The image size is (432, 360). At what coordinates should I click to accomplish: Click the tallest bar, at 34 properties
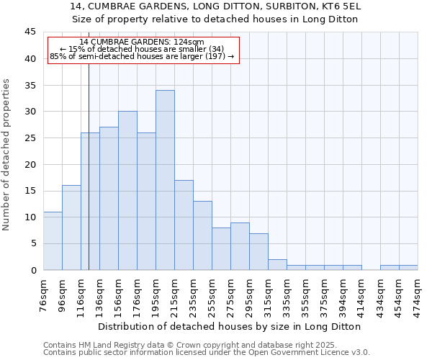coord(165,180)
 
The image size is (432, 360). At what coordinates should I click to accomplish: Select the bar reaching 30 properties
coord(127,191)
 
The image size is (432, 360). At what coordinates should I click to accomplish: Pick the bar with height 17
coord(184,225)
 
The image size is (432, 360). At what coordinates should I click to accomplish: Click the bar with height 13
coord(202,235)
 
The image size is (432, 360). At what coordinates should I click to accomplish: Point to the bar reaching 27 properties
coord(109,199)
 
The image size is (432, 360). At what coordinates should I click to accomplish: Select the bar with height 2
coord(277,264)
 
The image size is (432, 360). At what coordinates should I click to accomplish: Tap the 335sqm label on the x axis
coord(287,294)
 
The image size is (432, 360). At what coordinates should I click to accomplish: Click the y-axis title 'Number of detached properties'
coord(7,155)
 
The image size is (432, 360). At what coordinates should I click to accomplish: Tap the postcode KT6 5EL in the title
coord(338,6)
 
